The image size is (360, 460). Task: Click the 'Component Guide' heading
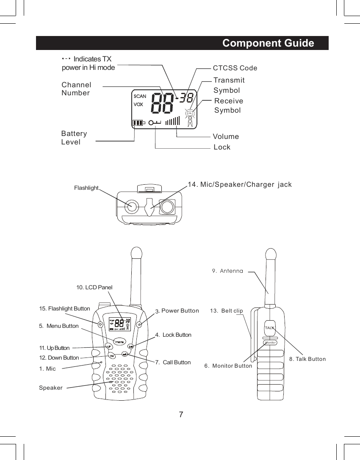point(268,44)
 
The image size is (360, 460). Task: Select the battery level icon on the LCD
point(138,123)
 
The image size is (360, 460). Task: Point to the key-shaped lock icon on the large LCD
point(155,123)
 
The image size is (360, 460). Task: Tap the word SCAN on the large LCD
point(140,96)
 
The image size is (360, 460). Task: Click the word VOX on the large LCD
point(138,104)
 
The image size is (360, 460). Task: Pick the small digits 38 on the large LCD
point(187,98)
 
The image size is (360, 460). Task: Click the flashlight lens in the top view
point(132,207)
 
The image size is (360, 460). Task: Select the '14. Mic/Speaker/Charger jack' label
point(239,184)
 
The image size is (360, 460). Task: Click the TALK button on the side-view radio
point(270,327)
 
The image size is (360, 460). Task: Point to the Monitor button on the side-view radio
point(270,342)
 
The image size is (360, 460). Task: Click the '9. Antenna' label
point(227,271)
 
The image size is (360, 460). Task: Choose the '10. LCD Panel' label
point(94,288)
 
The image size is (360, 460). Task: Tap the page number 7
point(181,414)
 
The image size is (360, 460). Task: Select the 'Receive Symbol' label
point(229,105)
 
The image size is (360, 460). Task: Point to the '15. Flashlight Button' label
point(64,308)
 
